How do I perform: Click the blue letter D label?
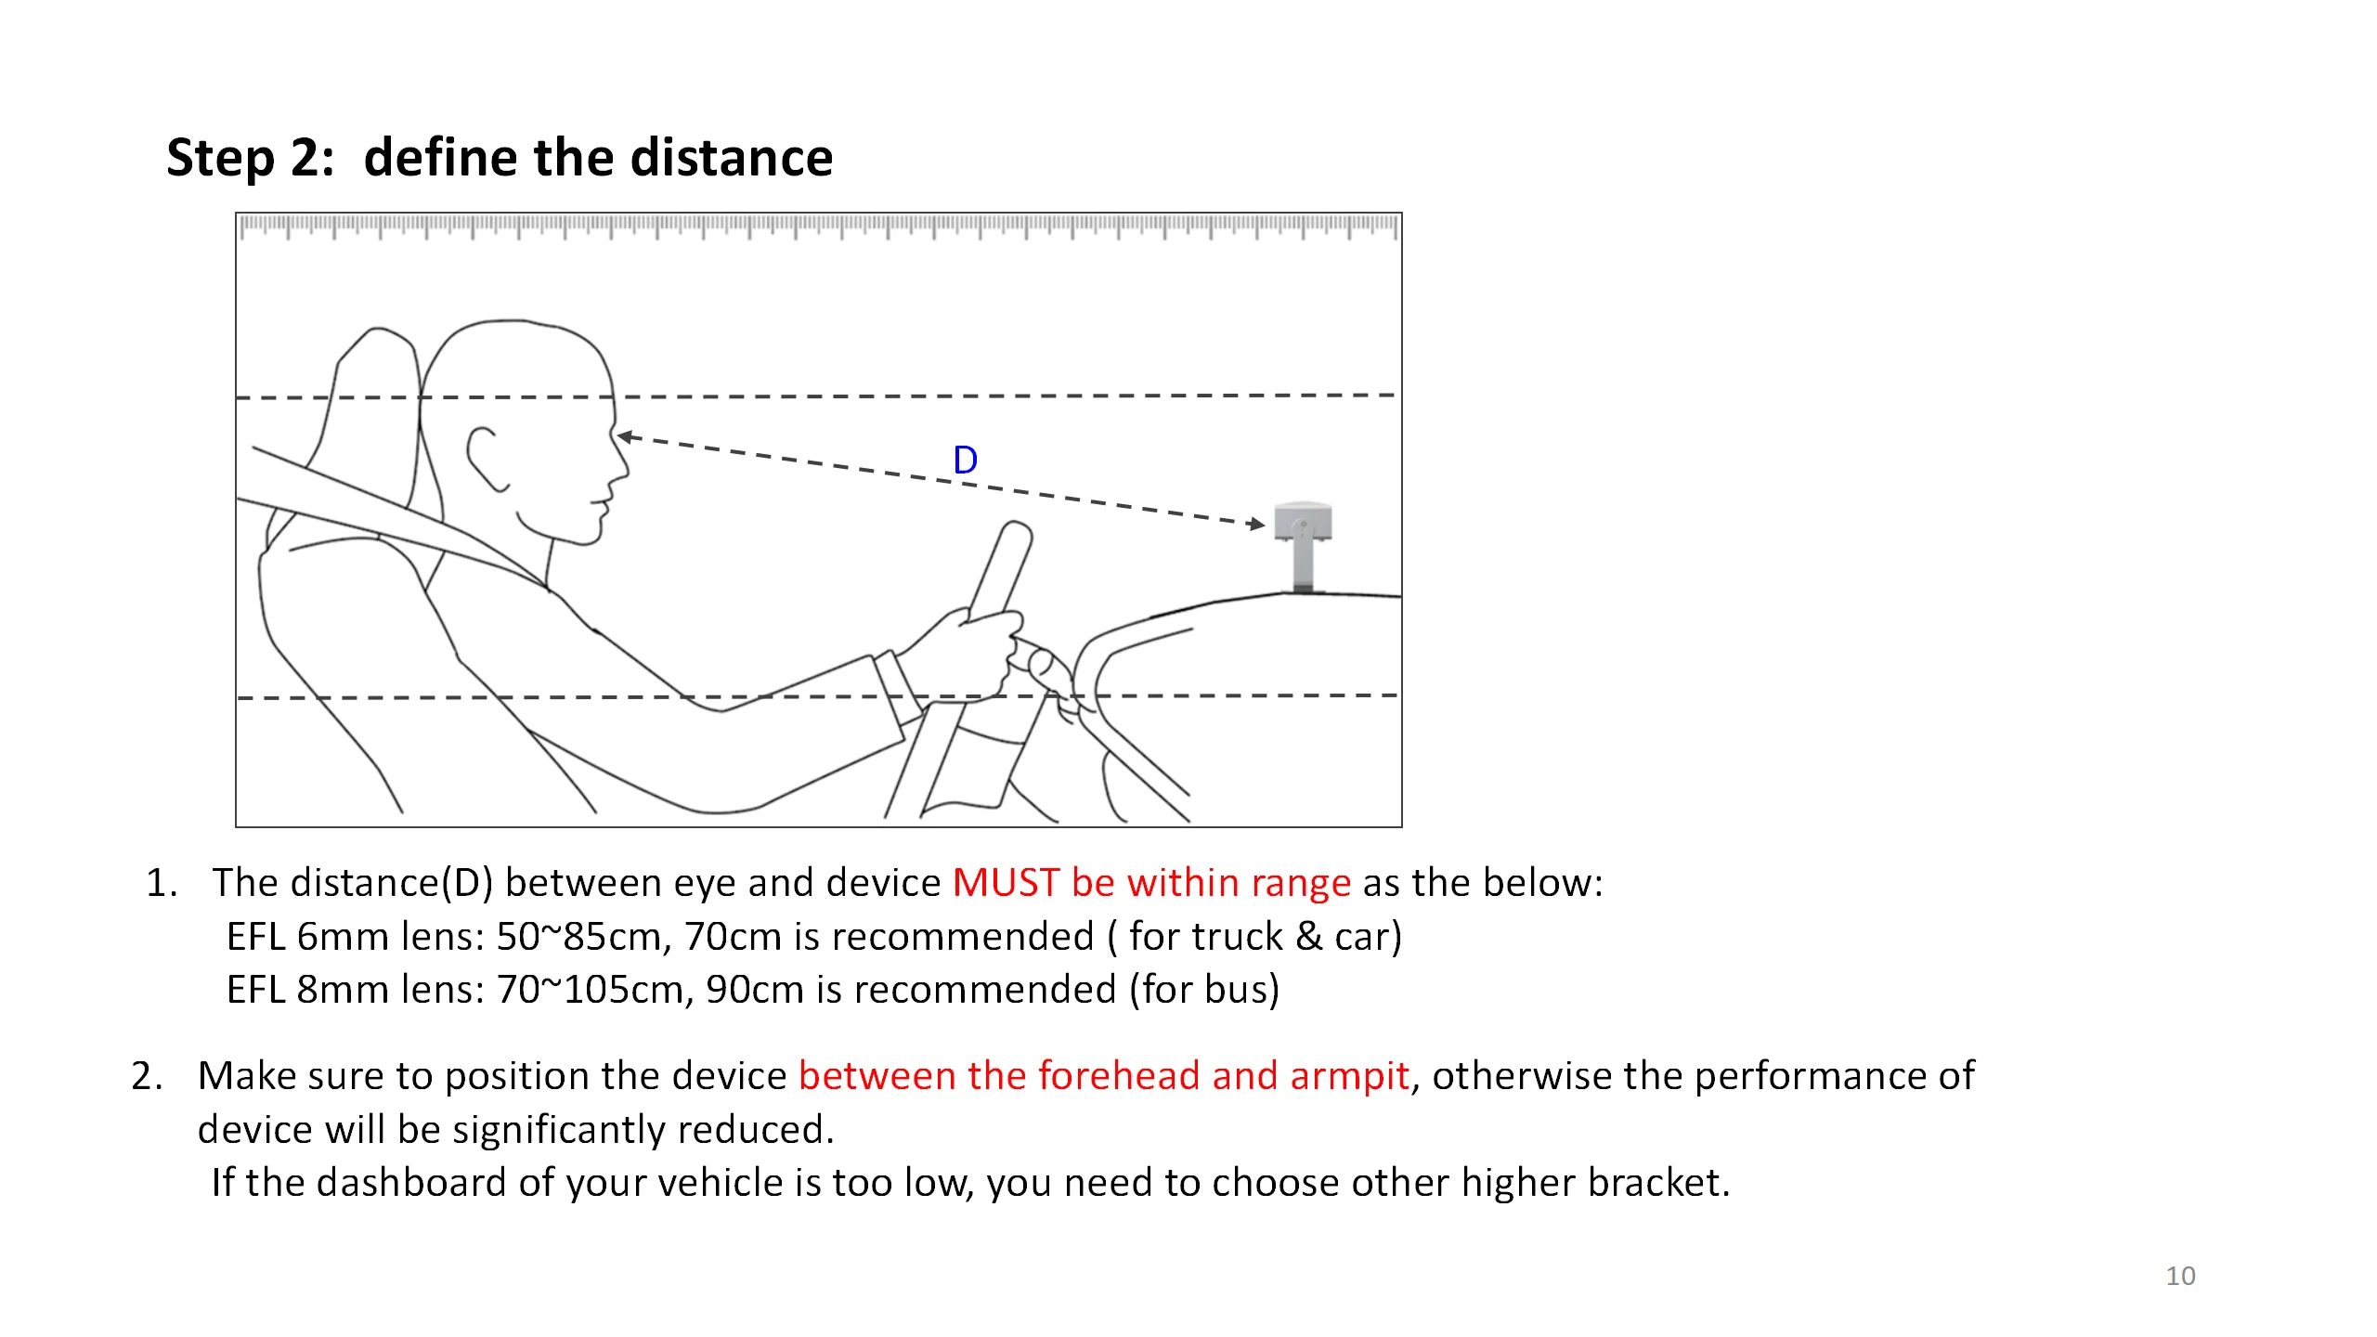pyautogui.click(x=965, y=461)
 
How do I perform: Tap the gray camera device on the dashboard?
pyautogui.click(x=1303, y=543)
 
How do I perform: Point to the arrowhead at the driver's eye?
pyautogui.click(x=624, y=436)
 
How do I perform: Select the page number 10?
pyautogui.click(x=2180, y=1276)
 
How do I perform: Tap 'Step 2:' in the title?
pyautogui.click(x=250, y=158)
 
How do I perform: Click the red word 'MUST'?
pyautogui.click(x=1006, y=883)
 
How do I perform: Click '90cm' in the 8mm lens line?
pyautogui.click(x=754, y=990)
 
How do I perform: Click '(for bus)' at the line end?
pyautogui.click(x=1204, y=990)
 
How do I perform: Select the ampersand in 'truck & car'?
pyautogui.click(x=1308, y=937)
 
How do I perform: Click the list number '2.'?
pyautogui.click(x=148, y=1077)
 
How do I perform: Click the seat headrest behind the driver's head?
pyautogui.click(x=371, y=390)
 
